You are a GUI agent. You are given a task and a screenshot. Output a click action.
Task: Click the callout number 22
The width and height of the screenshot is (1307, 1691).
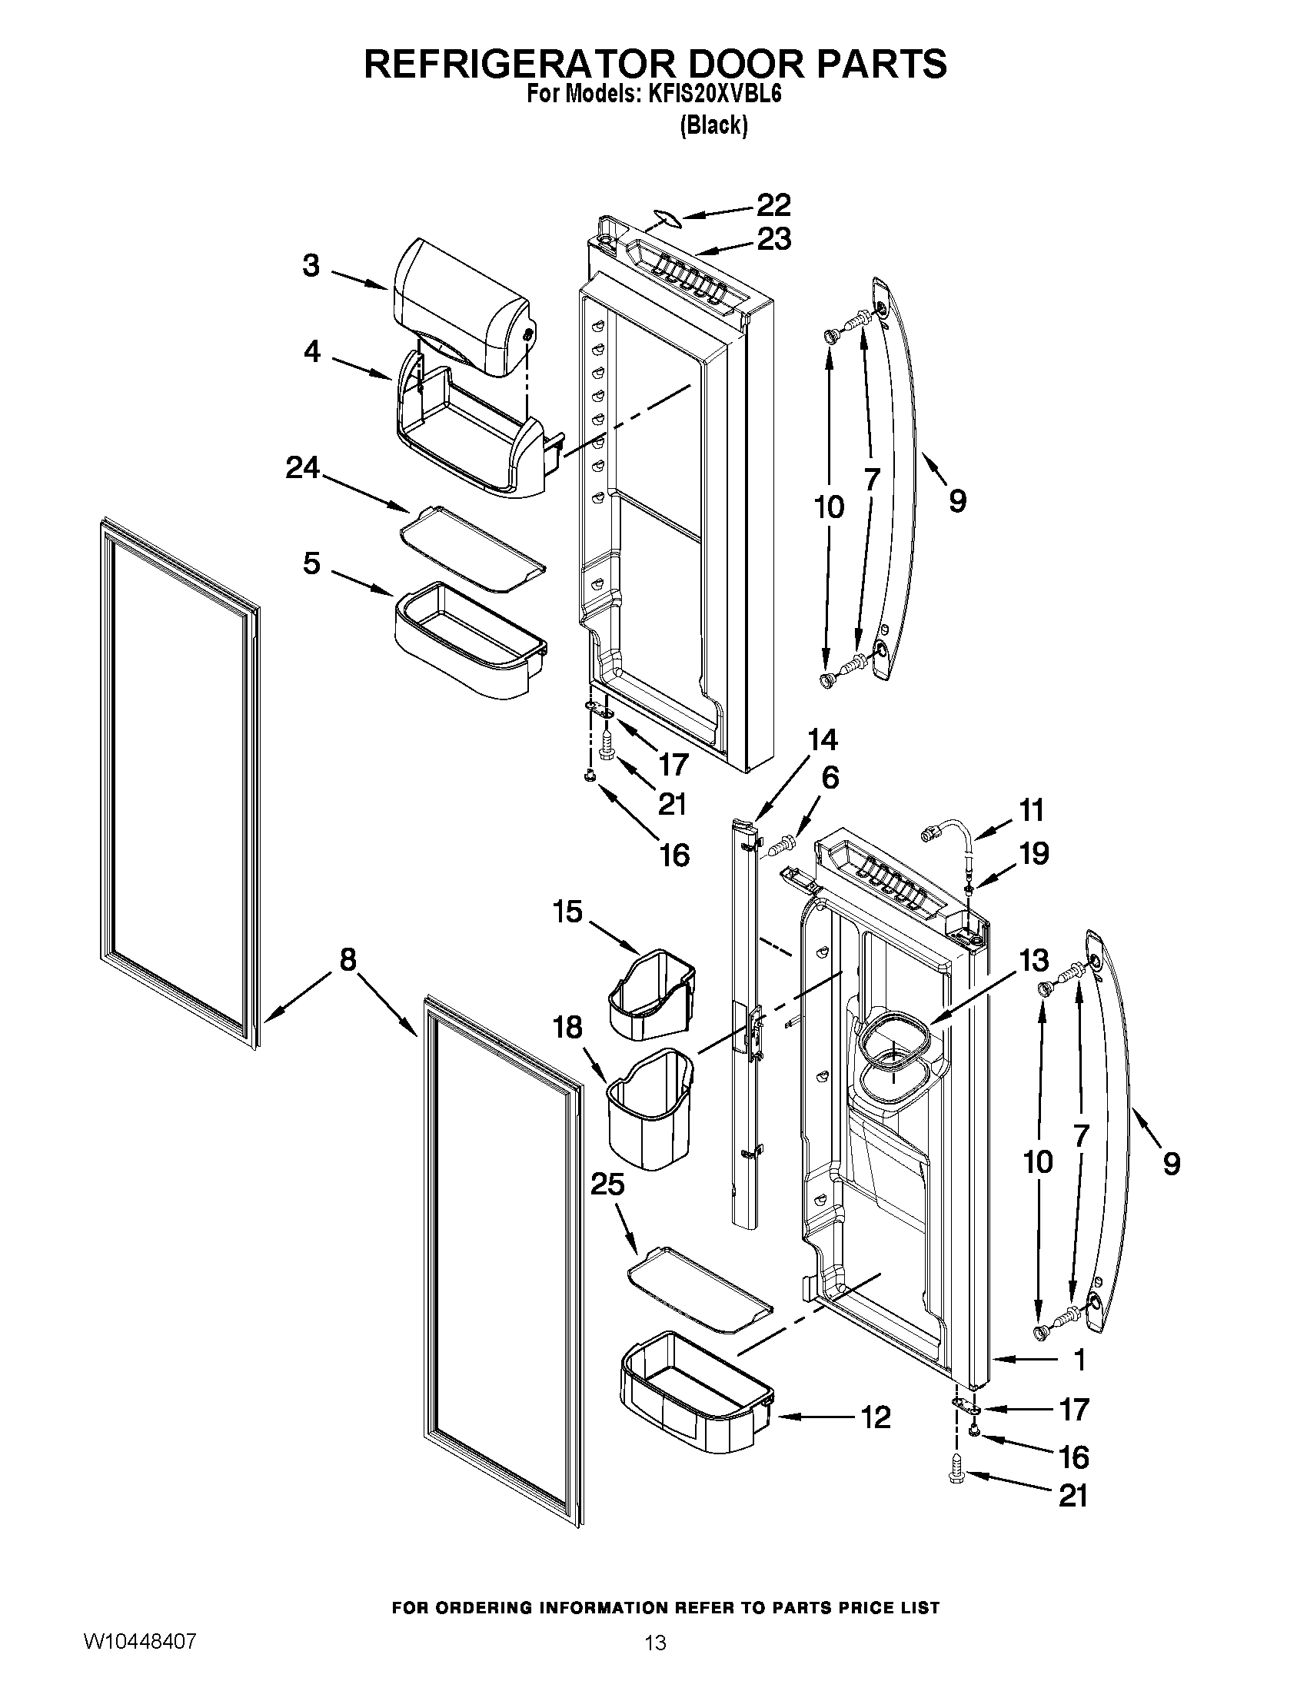click(x=773, y=205)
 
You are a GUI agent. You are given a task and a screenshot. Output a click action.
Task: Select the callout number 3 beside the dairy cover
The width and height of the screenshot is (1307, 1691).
click(x=311, y=266)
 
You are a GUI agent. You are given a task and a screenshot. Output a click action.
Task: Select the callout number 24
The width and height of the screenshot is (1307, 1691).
click(x=302, y=467)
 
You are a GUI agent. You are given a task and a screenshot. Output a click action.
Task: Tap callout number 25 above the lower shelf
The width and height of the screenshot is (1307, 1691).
click(x=607, y=1184)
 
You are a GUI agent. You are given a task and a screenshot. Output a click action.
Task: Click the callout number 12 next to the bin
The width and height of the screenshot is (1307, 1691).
click(x=876, y=1417)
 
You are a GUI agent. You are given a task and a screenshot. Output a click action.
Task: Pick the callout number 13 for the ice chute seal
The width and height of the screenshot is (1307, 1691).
click(x=1033, y=960)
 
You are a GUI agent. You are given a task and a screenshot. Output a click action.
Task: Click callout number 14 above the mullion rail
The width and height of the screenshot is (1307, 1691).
click(x=822, y=740)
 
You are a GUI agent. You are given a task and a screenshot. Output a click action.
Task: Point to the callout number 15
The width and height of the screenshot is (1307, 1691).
click(x=567, y=912)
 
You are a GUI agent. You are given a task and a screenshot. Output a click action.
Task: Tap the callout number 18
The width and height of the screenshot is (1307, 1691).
click(x=567, y=1028)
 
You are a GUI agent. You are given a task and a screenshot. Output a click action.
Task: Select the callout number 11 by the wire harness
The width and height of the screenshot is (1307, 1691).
click(x=1031, y=810)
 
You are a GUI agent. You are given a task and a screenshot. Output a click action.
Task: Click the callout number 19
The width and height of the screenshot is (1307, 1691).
click(x=1033, y=853)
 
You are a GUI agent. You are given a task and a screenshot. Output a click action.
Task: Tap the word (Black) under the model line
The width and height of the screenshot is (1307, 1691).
click(x=713, y=125)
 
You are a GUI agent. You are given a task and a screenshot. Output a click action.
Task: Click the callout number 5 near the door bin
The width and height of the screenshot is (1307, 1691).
click(x=311, y=563)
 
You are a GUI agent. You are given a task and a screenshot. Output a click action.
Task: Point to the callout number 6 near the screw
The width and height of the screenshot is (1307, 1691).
click(x=830, y=777)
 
